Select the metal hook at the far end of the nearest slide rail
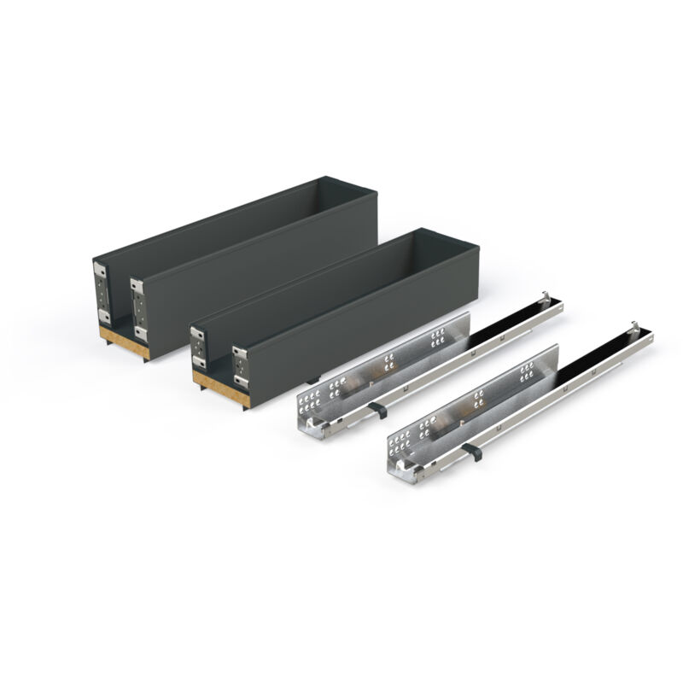tap(634, 330)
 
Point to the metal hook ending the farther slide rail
tap(545, 300)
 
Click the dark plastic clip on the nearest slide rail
tap(471, 451)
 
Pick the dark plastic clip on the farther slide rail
tap(378, 410)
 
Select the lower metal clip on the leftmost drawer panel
tap(103, 317)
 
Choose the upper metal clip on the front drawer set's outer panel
tap(240, 353)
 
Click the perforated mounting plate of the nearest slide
tap(470, 401)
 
